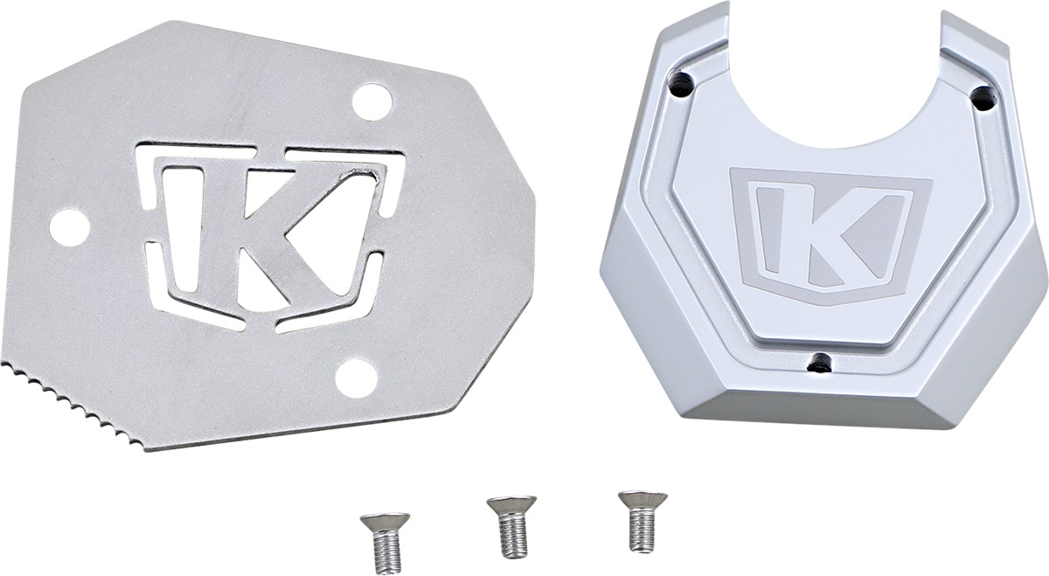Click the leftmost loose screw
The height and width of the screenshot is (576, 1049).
point(385,542)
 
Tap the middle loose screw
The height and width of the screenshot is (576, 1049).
point(511,525)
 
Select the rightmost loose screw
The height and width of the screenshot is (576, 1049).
point(643,521)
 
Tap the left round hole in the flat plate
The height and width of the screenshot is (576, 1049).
point(69,227)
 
